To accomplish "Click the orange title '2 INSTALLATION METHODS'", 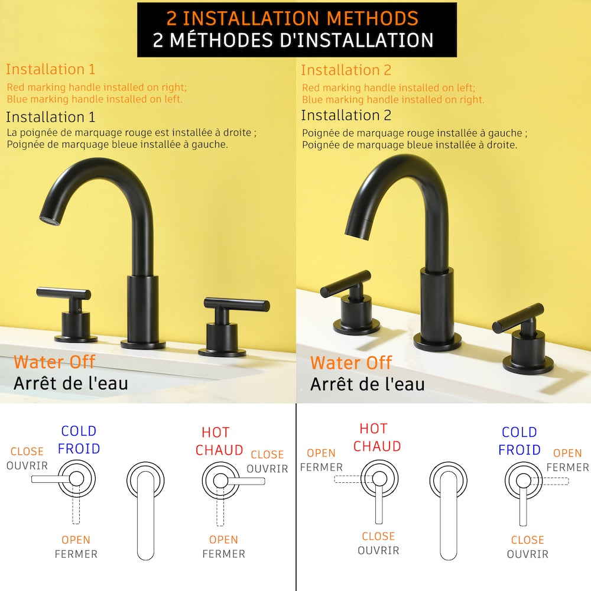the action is point(293,18).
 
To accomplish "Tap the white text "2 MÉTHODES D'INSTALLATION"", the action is point(293,40).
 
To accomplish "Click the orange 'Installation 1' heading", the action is point(50,69).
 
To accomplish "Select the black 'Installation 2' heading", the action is point(346,115).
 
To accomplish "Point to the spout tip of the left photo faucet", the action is point(49,220).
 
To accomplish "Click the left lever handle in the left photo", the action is point(64,293).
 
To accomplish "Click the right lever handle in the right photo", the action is point(518,318).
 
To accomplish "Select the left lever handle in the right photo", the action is point(345,283).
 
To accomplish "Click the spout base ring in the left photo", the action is point(143,344).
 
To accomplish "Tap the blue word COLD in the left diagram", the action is point(79,431).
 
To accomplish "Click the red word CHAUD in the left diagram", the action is point(219,450).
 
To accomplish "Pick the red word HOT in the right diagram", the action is point(374,428).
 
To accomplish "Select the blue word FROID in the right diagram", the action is point(519,450).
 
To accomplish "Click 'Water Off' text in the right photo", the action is point(351,363).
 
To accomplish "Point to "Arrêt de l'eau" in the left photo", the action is point(71,384).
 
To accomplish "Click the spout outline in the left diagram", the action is point(145,511).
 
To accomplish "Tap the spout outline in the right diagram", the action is point(449,511).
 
